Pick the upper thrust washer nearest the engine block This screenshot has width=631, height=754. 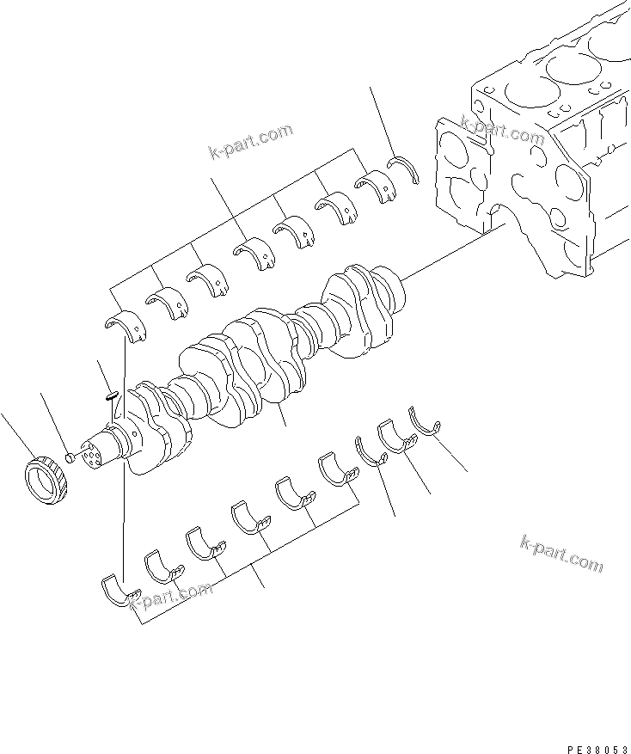403,167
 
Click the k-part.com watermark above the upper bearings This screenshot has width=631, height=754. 250,142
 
